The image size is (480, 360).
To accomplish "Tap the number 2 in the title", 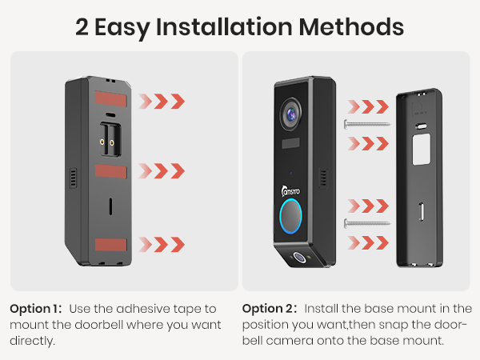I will pyautogui.click(x=82, y=27).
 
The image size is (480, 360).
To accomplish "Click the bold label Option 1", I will pyautogui.click(x=36, y=309).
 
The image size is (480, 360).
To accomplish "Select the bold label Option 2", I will pyautogui.click(x=268, y=309).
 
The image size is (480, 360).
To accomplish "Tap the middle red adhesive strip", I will pyautogui.click(x=106, y=171).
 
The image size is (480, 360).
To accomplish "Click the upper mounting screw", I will pyautogui.click(x=366, y=124).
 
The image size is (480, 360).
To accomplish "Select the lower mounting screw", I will pyautogui.click(x=366, y=222).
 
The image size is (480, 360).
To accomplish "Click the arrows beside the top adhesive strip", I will pyautogui.click(x=161, y=102).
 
